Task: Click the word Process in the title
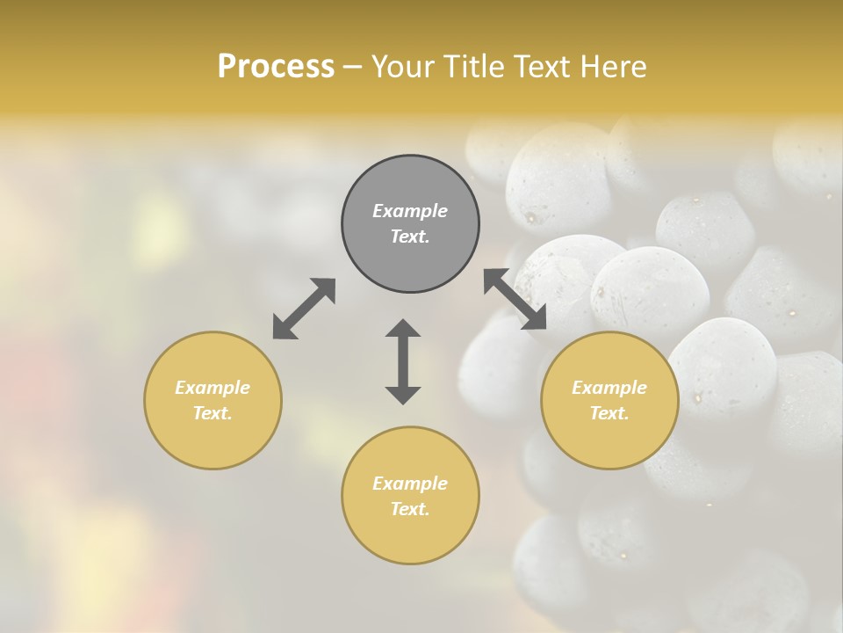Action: (276, 67)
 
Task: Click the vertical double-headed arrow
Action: (403, 361)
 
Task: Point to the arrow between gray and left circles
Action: (304, 309)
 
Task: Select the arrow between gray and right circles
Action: (515, 299)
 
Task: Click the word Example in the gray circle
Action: (410, 211)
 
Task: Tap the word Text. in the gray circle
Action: (410, 236)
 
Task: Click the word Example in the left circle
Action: (213, 388)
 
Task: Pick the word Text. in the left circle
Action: (213, 413)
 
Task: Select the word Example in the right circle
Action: (609, 388)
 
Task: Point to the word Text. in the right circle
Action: (609, 413)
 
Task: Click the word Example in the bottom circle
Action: (410, 484)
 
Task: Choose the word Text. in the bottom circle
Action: (410, 509)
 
